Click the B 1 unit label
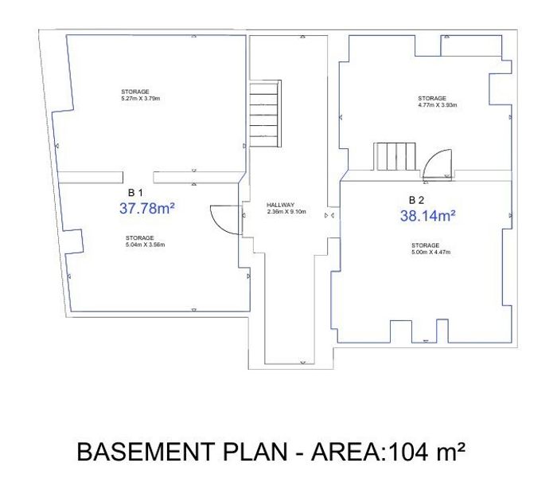pos(135,193)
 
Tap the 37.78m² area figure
pos(146,209)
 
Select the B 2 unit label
pos(416,200)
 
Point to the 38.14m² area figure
pos(428,215)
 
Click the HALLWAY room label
pos(280,206)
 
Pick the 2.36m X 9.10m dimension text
pos(286,212)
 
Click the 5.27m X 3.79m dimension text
pos(141,99)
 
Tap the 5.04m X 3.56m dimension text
pos(145,245)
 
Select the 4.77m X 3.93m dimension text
pos(438,105)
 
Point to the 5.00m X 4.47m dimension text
pos(431,252)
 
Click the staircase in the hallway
pos(266,113)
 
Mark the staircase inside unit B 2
pos(395,156)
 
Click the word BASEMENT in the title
pos(145,452)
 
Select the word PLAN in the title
pos(255,452)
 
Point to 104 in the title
pos(407,452)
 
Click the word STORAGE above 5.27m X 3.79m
pos(135,92)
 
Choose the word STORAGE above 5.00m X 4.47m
pos(425,245)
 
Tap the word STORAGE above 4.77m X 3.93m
pos(432,98)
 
